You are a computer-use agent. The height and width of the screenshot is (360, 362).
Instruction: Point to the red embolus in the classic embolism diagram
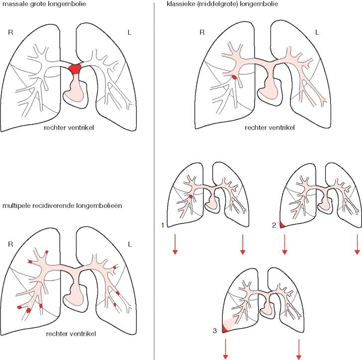point(234,78)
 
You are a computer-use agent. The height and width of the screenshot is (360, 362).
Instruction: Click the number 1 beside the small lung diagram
point(163,226)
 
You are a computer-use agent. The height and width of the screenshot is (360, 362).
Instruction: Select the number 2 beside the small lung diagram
point(274,226)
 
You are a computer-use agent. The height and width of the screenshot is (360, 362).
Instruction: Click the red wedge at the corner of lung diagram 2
point(282,225)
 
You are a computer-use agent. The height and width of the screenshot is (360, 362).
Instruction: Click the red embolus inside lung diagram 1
point(190,198)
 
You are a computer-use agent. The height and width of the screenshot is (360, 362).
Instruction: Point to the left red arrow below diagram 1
point(175,244)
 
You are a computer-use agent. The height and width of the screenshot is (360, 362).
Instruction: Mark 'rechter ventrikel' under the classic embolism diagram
point(270,128)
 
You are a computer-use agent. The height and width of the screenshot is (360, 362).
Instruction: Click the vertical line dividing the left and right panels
point(156,179)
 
